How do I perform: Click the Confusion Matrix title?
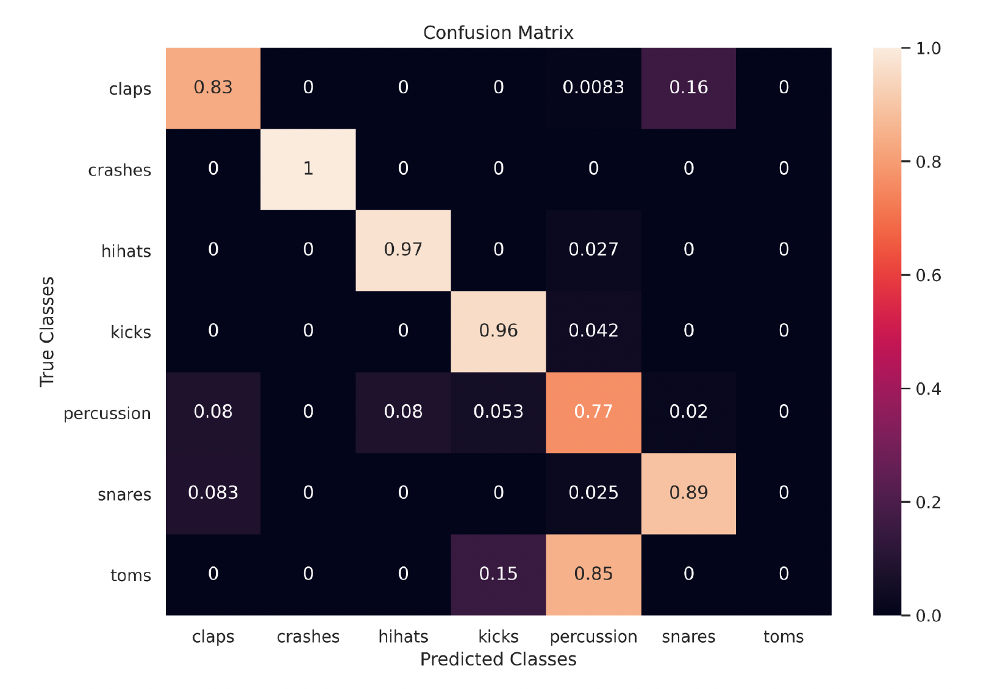[x=498, y=33]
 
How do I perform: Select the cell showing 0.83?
[x=213, y=88]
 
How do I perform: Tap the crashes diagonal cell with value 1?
[x=308, y=169]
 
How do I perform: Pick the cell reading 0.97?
[x=403, y=250]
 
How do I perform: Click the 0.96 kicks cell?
[x=498, y=331]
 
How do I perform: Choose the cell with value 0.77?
[x=593, y=412]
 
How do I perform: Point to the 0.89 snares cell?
[x=688, y=493]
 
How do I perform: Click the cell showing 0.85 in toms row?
[x=593, y=574]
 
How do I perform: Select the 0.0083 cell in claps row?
[x=593, y=88]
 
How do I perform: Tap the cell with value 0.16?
[x=688, y=88]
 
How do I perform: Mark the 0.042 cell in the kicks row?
[x=593, y=331]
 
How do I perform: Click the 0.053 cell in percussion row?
[x=498, y=412]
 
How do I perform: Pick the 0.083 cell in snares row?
[x=213, y=493]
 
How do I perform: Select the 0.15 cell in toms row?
[x=498, y=574]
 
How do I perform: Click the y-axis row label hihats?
[x=126, y=251]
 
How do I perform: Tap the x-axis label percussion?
[x=593, y=637]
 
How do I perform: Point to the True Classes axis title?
[x=47, y=332]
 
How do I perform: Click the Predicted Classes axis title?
[x=498, y=659]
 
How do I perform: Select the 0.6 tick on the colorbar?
[x=927, y=276]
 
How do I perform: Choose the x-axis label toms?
[x=784, y=637]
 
